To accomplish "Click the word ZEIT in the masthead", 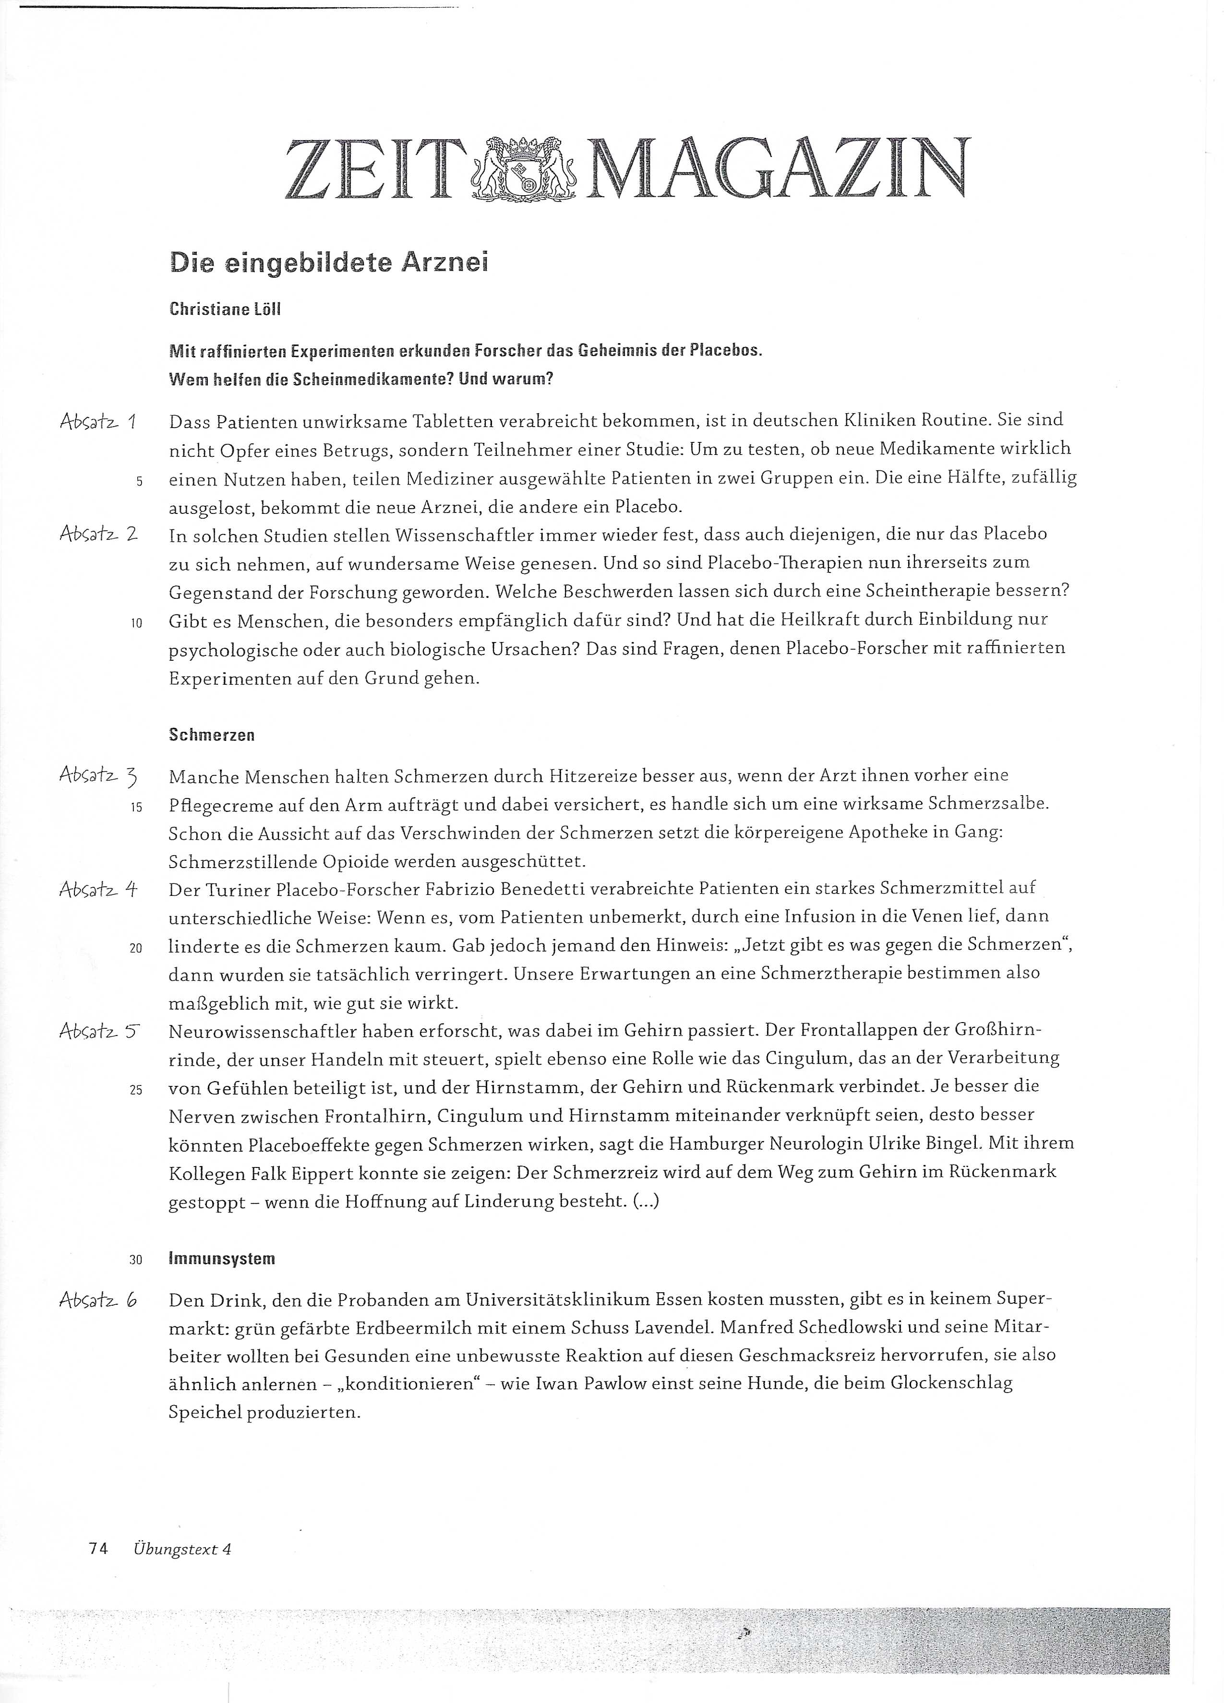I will [x=372, y=170].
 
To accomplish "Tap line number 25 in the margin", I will [x=136, y=1090].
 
